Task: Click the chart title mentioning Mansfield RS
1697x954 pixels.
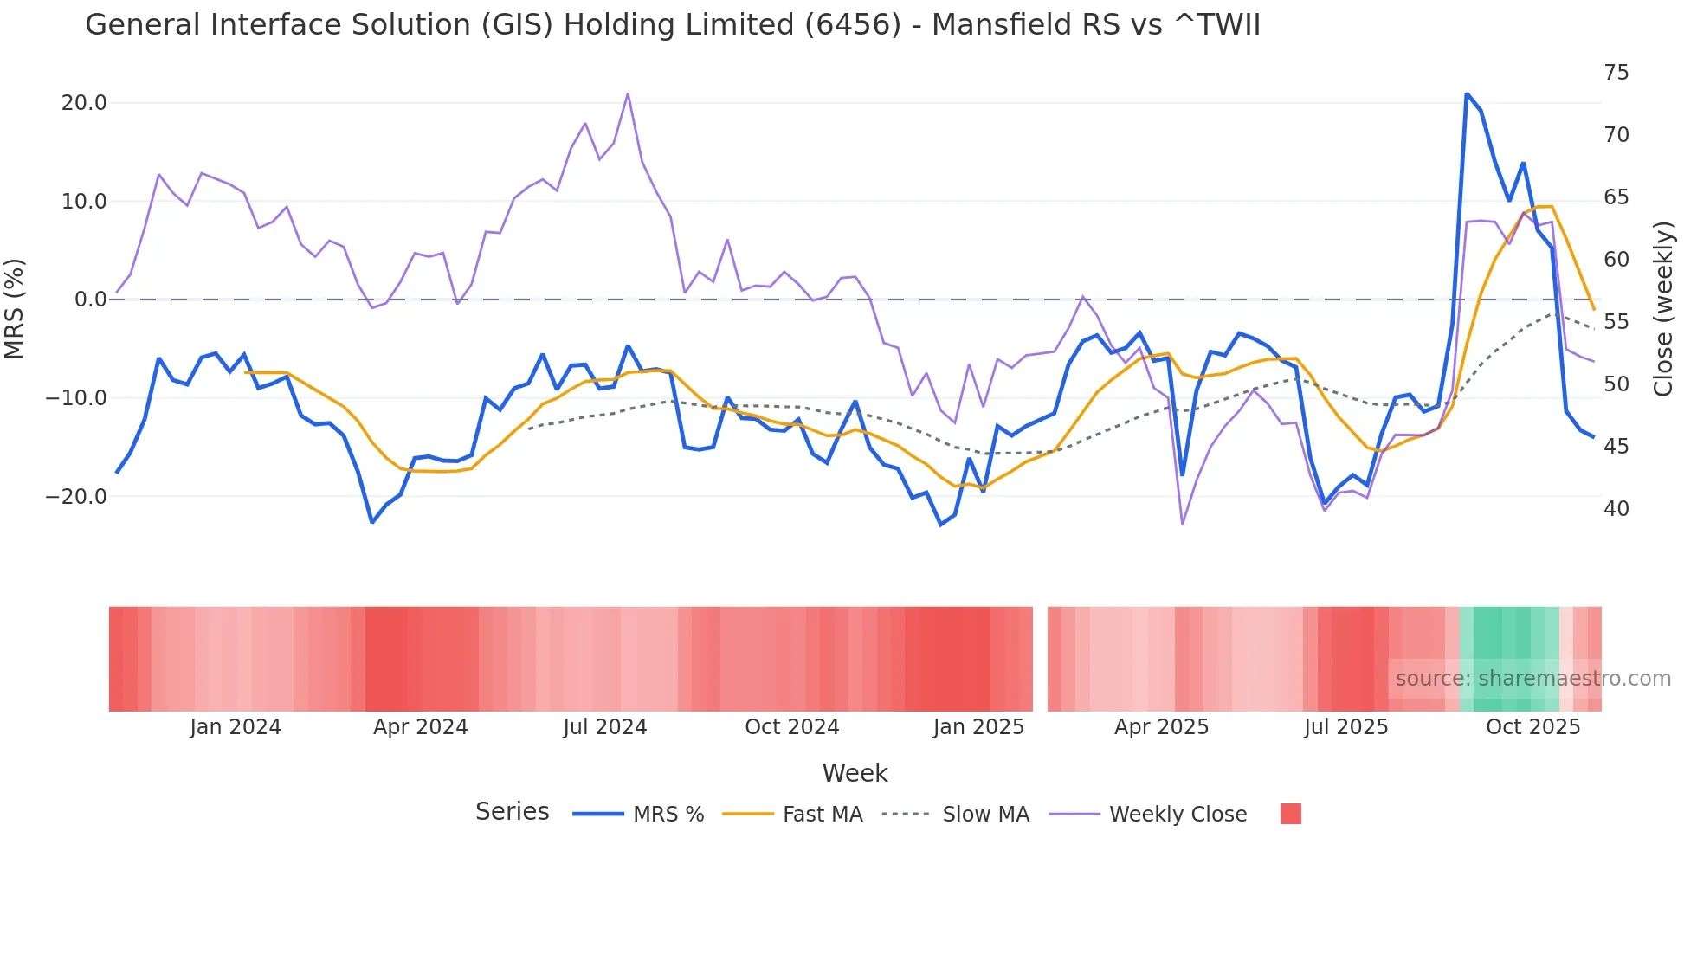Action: [672, 25]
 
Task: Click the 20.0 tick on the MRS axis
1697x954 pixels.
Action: [84, 103]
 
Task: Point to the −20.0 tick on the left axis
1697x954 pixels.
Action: [76, 497]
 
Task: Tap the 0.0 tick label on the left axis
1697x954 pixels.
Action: [90, 300]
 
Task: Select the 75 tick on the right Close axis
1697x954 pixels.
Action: [1616, 73]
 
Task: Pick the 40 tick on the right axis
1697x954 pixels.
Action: [1616, 509]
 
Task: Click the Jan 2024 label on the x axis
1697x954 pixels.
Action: [236, 727]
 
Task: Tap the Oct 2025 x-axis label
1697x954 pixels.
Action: [1532, 727]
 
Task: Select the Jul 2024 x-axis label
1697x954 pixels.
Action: [604, 727]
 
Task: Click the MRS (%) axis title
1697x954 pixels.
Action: [15, 308]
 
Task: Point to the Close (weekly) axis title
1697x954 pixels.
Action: [1662, 308]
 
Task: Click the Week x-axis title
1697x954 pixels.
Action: [855, 773]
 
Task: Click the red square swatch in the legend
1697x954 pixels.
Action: [1290, 814]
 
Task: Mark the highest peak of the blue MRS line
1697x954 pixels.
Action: [1467, 93]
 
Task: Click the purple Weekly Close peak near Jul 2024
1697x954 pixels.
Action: [628, 93]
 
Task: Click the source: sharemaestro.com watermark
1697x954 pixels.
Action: [1532, 679]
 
